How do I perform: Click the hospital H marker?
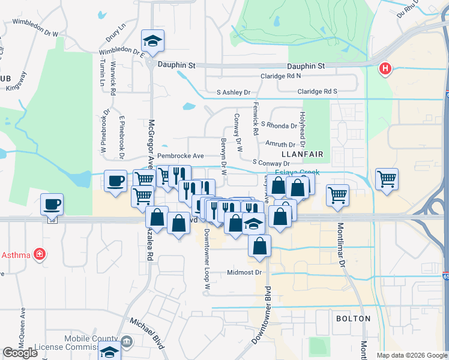tap(385, 70)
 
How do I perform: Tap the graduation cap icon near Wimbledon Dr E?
tap(152, 41)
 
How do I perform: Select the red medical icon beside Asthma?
tap(40, 254)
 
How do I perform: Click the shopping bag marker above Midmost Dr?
tap(259, 246)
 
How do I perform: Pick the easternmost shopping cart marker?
tap(387, 178)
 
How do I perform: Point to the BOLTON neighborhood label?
tap(352, 319)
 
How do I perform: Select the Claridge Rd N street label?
tap(280, 76)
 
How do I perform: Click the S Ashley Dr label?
tap(233, 92)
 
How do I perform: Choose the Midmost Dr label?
tap(245, 272)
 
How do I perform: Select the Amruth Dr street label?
tap(280, 145)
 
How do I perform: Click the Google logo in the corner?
tap(20, 353)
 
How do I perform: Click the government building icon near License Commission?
tap(127, 343)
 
